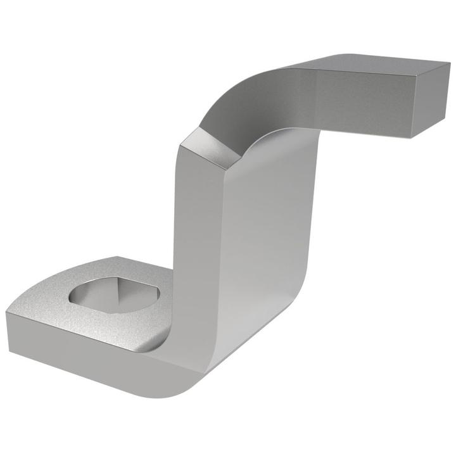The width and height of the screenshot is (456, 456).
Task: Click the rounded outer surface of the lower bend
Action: pos(190,374)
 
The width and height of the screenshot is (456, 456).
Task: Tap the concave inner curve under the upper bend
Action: pos(279,136)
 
